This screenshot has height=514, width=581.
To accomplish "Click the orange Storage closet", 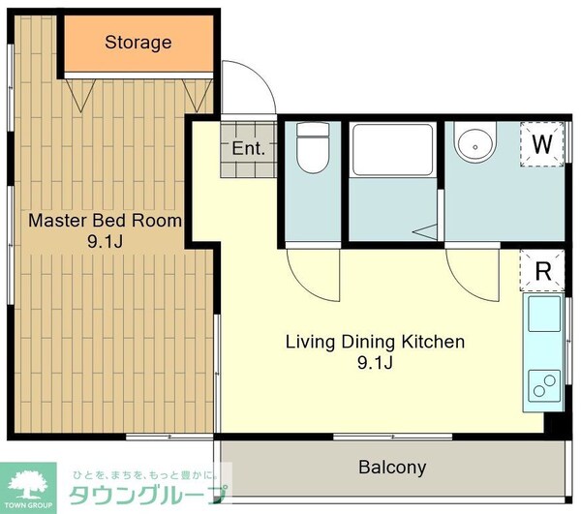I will pyautogui.click(x=138, y=44).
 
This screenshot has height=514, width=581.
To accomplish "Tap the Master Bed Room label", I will pyautogui.click(x=105, y=220).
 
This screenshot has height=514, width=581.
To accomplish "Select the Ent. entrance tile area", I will pyautogui.click(x=248, y=149).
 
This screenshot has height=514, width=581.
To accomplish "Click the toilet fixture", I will pyautogui.click(x=312, y=150).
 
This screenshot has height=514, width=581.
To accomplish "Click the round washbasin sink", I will pyautogui.click(x=475, y=145).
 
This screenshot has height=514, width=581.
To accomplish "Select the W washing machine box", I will pyautogui.click(x=542, y=145).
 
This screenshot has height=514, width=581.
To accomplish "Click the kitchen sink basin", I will pyautogui.click(x=543, y=316).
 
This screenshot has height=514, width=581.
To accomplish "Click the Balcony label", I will pyautogui.click(x=392, y=468).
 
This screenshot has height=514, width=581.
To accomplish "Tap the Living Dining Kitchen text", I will pyautogui.click(x=374, y=342).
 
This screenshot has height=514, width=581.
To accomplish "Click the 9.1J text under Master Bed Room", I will pyautogui.click(x=105, y=242).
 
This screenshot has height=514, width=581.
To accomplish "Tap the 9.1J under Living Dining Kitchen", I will pyautogui.click(x=374, y=364).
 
